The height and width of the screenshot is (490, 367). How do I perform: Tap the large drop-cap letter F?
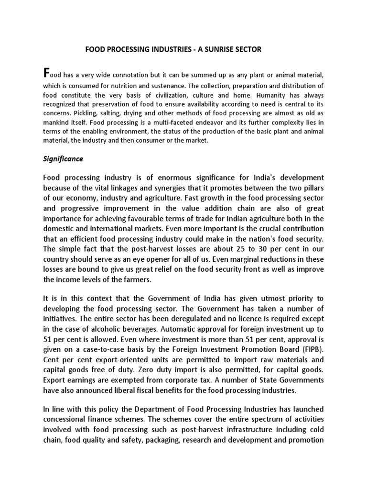click(x=46, y=73)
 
